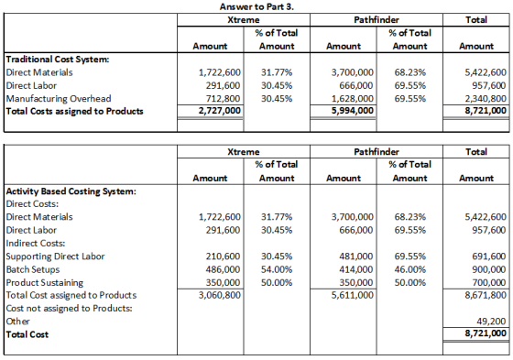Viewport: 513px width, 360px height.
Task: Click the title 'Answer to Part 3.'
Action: [256, 6]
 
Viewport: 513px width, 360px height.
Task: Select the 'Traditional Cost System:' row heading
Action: [58, 60]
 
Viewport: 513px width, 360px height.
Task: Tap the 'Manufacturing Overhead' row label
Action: [59, 99]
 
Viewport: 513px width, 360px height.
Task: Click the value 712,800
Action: [223, 99]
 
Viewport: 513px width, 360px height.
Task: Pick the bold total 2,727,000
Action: [220, 111]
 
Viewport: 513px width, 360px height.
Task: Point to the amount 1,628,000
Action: [353, 99]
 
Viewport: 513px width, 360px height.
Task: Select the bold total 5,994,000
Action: [353, 111]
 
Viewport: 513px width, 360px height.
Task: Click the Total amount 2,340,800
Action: [486, 99]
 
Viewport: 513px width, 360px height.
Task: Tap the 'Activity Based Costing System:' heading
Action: [71, 191]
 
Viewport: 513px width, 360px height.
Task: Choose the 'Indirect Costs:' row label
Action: [36, 243]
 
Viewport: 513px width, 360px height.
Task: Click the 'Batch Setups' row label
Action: [33, 269]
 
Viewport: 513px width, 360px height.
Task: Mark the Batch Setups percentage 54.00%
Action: [277, 269]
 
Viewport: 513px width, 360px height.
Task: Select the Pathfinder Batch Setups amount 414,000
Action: [356, 269]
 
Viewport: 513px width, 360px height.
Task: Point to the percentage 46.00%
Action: [410, 269]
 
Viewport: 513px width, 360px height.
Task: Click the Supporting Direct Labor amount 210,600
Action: [223, 256]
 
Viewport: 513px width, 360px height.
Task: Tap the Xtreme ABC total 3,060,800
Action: [220, 295]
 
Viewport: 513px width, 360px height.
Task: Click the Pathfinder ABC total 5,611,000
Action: [353, 295]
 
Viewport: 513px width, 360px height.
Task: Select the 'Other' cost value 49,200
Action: [491, 322]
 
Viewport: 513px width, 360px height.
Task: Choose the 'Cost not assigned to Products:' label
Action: [69, 309]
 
